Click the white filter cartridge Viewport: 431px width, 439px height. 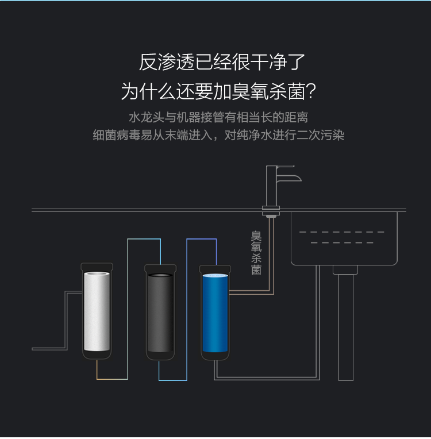coord(97,311)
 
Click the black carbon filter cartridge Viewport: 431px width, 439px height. coord(160,313)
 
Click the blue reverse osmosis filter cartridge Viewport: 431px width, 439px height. coord(215,313)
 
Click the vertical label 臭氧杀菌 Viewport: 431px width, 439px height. coord(256,252)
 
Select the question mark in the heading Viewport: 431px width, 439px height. coord(311,91)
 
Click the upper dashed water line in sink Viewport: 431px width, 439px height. coord(342,232)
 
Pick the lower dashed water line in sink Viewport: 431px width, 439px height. coord(342,242)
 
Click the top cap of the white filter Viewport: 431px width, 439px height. coord(97,267)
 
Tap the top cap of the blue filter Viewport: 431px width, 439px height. coord(215,269)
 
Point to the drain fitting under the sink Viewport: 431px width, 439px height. coord(345,270)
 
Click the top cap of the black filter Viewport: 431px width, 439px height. coord(160,268)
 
